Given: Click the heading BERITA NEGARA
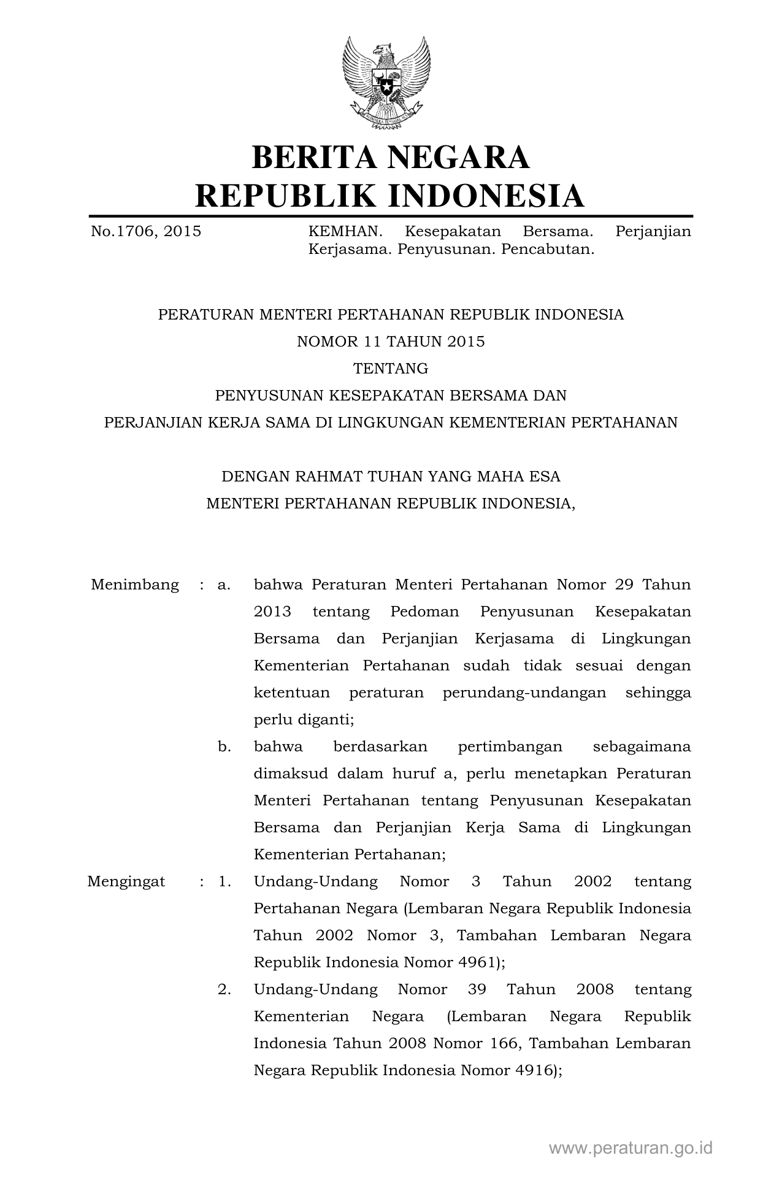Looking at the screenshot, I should click(x=391, y=158).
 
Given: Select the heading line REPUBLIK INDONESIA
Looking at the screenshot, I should click(x=390, y=196).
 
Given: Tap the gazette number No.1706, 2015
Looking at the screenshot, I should click(x=145, y=232).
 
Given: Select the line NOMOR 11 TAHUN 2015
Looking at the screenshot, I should click(x=391, y=342).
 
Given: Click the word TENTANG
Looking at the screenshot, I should click(x=391, y=369).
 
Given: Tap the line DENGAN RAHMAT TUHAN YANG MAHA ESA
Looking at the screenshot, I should click(x=391, y=477).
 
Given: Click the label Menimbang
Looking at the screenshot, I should click(x=135, y=585).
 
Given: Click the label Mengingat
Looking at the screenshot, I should click(x=126, y=881).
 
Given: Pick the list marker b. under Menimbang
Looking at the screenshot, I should click(x=224, y=746).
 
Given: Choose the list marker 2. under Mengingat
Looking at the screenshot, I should click(x=224, y=989).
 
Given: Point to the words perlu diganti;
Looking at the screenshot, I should click(x=304, y=719).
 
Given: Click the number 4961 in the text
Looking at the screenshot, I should click(x=476, y=962).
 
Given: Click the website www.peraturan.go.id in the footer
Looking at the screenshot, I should click(x=631, y=1148).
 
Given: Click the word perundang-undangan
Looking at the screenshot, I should click(x=524, y=692).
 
